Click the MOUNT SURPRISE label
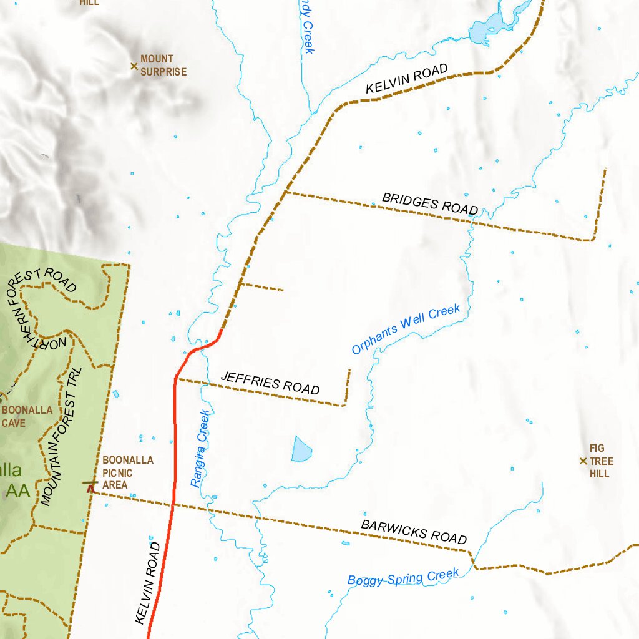pyautogui.click(x=163, y=66)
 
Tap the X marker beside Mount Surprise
pyautogui.click(x=134, y=66)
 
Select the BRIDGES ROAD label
pyautogui.click(x=430, y=204)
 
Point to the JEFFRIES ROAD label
pyautogui.click(x=270, y=383)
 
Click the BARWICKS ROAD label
pyautogui.click(x=414, y=532)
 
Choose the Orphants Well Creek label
pyautogui.click(x=406, y=328)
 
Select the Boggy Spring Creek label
pyautogui.click(x=403, y=577)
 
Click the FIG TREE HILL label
pyautogui.click(x=601, y=461)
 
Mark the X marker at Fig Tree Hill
pyautogui.click(x=583, y=461)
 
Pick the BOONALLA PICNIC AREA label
pyautogui.click(x=127, y=472)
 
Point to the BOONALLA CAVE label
pyautogui.click(x=27, y=416)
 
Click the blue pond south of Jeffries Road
pyautogui.click(x=302, y=449)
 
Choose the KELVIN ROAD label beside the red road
pyautogui.click(x=148, y=583)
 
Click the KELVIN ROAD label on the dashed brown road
pyautogui.click(x=406, y=80)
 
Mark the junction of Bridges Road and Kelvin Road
pyautogui.click(x=286, y=193)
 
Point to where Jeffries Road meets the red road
pyautogui.click(x=176, y=378)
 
